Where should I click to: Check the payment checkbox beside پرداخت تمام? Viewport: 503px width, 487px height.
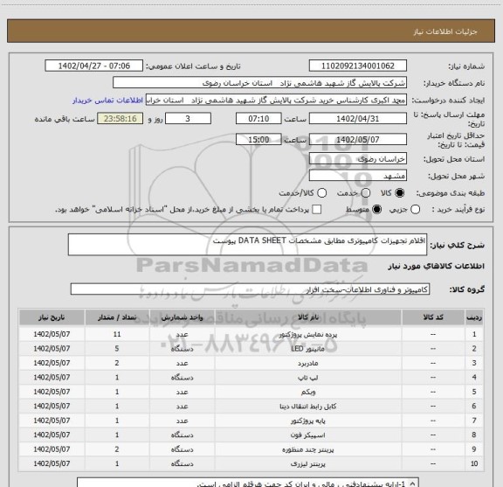pos(316,210)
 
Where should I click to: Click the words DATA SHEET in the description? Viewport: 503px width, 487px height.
pos(259,238)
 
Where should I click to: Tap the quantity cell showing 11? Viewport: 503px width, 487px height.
pos(117,334)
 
